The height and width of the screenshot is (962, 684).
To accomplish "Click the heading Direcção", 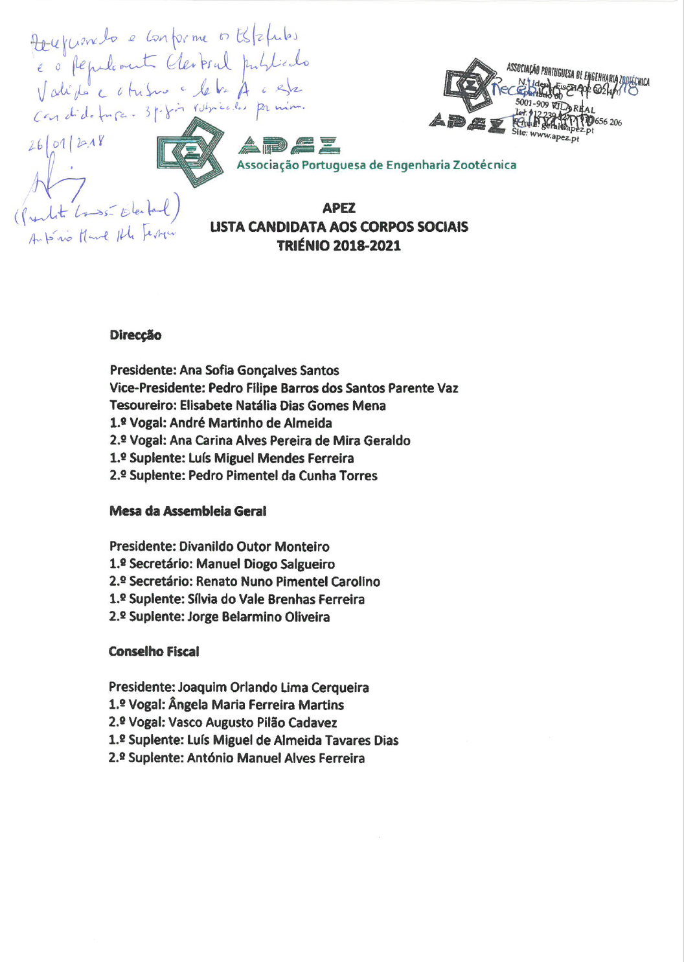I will (135, 336).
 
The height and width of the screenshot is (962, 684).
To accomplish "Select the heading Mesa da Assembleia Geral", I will (188, 511).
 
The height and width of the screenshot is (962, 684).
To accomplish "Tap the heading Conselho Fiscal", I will (154, 652).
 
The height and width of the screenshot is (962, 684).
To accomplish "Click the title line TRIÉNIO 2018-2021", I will (339, 246).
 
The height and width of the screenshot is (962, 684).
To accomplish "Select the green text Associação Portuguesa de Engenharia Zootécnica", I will (376, 165).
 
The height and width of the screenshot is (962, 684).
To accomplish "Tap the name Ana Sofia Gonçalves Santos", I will (259, 371).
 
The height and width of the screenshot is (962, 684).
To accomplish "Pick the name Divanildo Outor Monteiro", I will (254, 547).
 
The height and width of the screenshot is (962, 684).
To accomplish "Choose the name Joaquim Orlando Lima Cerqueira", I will (273, 687).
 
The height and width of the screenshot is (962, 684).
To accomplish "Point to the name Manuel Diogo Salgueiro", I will (266, 564).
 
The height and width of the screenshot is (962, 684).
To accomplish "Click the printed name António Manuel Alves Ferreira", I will (275, 758).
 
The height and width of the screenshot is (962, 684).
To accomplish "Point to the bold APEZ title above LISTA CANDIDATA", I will (339, 209).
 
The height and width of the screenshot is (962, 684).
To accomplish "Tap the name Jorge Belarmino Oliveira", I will (258, 617).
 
